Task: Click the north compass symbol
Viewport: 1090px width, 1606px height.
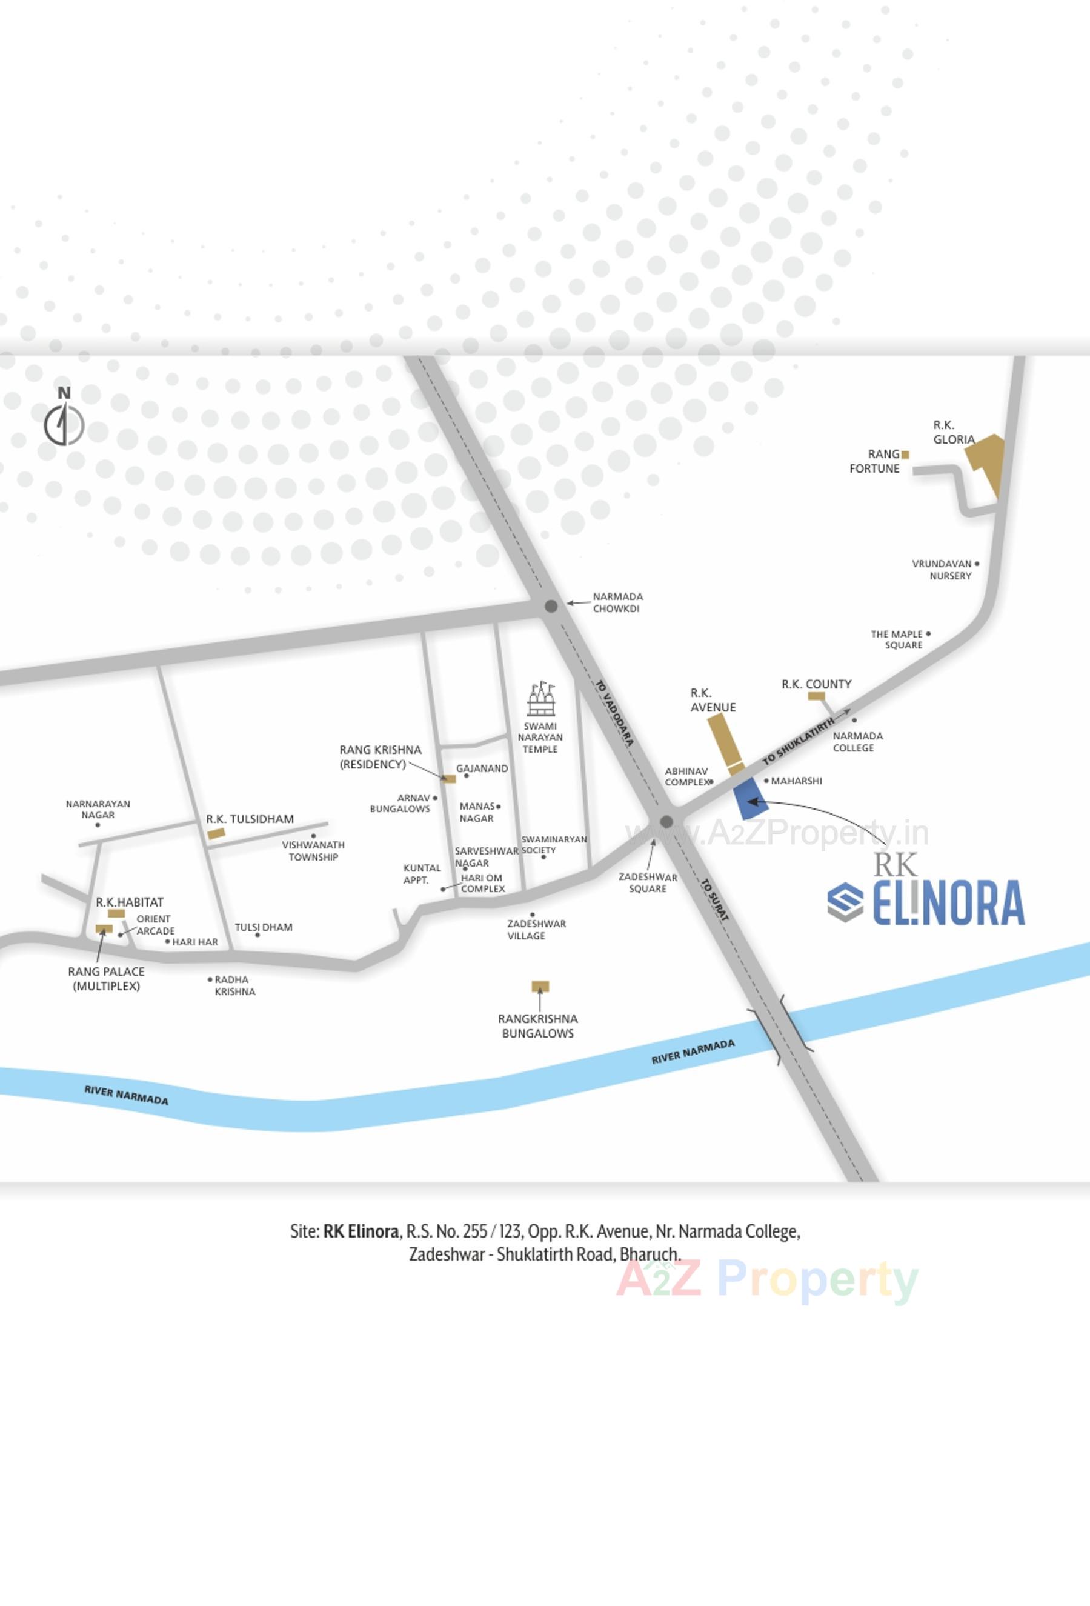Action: point(64,424)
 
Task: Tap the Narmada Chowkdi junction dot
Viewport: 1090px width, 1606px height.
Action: point(551,606)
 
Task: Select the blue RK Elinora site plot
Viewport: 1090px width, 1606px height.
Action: point(745,798)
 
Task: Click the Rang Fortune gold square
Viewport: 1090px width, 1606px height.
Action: point(905,455)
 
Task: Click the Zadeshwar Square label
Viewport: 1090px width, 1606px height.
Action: point(647,882)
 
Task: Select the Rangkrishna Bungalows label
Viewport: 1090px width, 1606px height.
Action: point(537,1025)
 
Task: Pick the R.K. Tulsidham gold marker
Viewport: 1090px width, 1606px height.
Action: point(216,833)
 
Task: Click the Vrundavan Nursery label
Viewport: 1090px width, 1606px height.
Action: point(942,570)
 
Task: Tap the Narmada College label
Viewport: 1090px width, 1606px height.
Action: point(857,742)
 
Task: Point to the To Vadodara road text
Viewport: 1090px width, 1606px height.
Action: point(614,713)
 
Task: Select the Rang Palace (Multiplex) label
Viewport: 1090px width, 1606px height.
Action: point(107,979)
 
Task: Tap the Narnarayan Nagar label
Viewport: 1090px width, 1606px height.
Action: point(98,809)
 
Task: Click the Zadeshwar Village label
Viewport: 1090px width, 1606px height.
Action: point(536,930)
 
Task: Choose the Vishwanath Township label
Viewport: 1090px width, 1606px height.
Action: point(313,851)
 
